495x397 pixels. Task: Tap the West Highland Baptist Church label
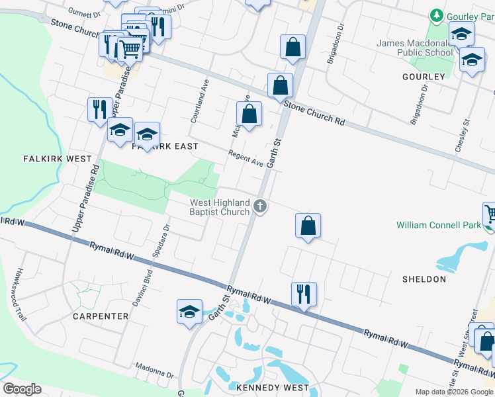coord(220,207)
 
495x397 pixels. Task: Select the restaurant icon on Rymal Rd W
coord(304,293)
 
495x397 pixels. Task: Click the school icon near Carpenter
coord(189,312)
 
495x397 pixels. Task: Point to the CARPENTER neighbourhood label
coord(101,316)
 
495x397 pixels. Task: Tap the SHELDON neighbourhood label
coord(424,279)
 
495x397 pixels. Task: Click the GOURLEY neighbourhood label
coord(424,77)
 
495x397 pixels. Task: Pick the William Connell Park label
coord(439,225)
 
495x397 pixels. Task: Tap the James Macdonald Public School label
coord(415,48)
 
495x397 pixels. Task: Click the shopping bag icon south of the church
coord(308,226)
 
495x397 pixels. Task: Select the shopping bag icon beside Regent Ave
coord(249,114)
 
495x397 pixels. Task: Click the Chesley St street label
coord(462,136)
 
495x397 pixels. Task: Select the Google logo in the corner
coord(21,389)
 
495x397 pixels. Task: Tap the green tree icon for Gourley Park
coord(436,15)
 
